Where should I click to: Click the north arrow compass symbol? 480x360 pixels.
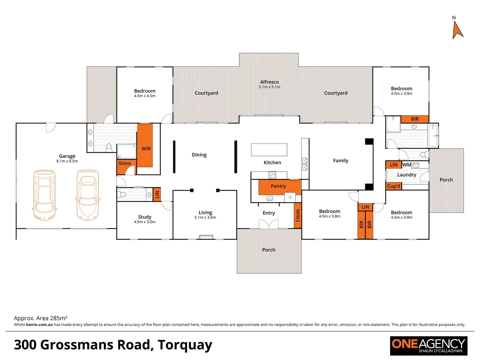point(457,30)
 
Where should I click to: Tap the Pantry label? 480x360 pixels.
point(278,186)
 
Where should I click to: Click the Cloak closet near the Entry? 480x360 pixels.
point(298,215)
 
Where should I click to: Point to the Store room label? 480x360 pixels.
point(125,163)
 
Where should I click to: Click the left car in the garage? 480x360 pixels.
point(44,195)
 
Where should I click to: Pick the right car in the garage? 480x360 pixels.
point(88,195)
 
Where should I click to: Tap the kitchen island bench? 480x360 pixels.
point(269,150)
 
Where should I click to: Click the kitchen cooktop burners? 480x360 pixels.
point(272,175)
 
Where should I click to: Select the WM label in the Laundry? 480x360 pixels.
point(407,165)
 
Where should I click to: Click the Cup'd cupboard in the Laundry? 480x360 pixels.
point(394,186)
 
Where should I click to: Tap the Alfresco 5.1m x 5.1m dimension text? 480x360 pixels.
point(269,87)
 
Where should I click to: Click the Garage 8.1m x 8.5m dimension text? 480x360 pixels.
point(67,161)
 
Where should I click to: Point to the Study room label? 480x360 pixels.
point(145,217)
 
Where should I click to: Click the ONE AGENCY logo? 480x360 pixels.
point(429,346)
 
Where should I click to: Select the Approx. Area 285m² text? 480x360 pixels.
point(40,318)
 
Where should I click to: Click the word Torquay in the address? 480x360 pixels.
point(185,345)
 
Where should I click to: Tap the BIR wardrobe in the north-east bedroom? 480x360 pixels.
point(415,119)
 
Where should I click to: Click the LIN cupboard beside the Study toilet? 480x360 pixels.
point(157,194)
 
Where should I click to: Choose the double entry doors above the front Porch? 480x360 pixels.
point(269,224)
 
